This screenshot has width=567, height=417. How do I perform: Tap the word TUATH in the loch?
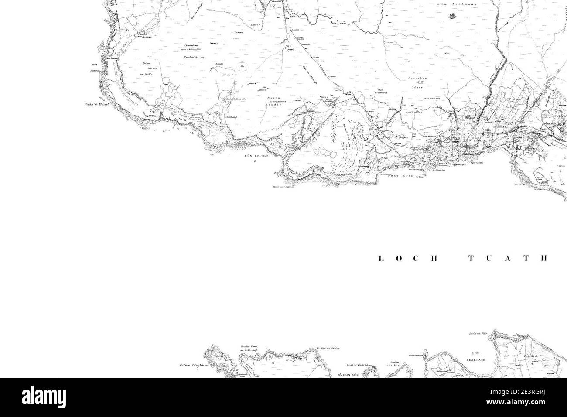tap(507, 258)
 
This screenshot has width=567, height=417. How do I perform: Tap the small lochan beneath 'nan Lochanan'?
tap(451, 17)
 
